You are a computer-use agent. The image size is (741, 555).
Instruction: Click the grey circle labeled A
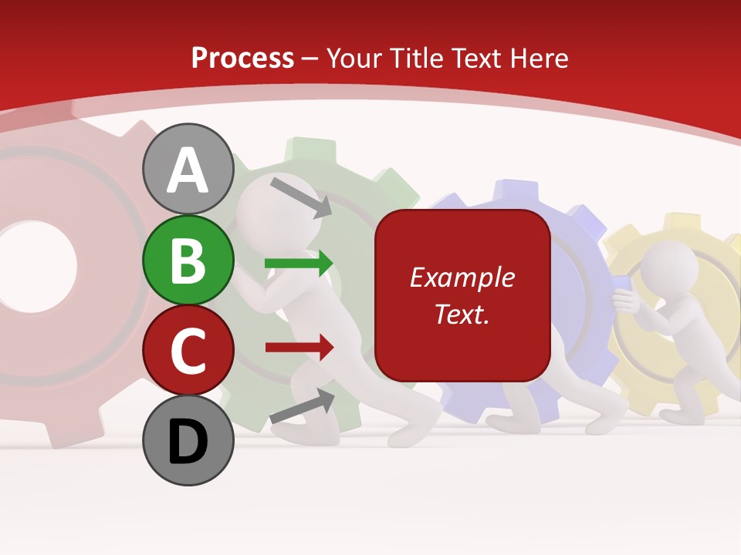[x=188, y=169]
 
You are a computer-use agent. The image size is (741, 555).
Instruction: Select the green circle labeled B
[x=188, y=260]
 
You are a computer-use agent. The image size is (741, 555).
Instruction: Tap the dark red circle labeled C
[x=188, y=351]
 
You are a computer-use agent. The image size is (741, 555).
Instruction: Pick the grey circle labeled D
[x=188, y=441]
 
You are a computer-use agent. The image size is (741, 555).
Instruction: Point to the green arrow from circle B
[x=299, y=263]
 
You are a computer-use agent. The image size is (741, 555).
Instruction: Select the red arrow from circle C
[x=299, y=347]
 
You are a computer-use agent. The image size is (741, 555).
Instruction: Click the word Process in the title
[x=242, y=58]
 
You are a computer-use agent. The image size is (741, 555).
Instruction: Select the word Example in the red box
[x=462, y=277]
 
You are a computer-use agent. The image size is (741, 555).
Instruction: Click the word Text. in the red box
[x=462, y=314]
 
